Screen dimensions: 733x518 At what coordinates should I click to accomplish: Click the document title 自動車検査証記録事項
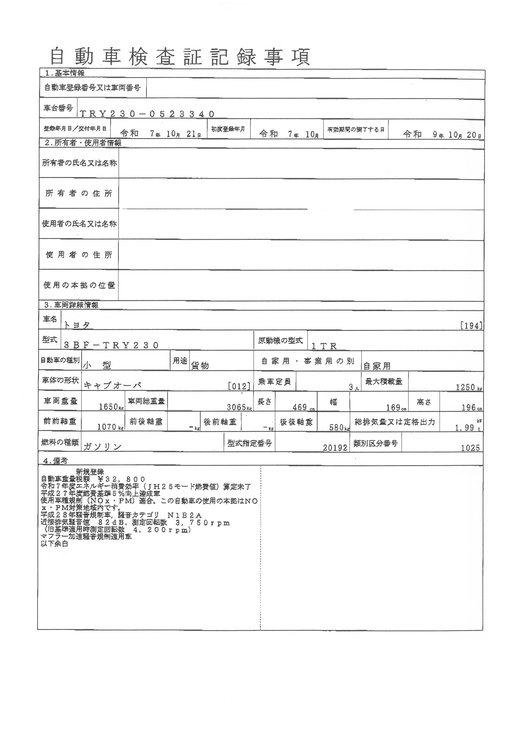click(180, 57)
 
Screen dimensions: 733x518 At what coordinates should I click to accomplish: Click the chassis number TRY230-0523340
click(147, 114)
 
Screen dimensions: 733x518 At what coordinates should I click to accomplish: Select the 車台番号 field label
click(58, 108)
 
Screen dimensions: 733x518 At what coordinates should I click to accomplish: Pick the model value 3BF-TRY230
click(111, 345)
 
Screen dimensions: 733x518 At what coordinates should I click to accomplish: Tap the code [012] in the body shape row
click(239, 386)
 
